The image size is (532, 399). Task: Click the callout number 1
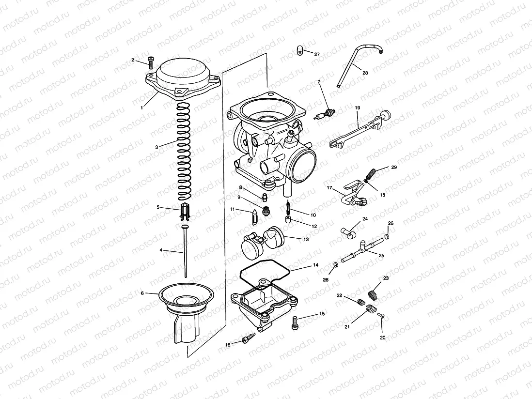[x=141, y=107]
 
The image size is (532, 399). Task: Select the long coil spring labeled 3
[x=183, y=150]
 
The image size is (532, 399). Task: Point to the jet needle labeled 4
[x=186, y=252]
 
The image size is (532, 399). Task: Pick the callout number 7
[x=319, y=82]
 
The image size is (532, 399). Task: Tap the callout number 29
[x=394, y=167]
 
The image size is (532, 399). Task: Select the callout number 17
[x=329, y=187]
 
